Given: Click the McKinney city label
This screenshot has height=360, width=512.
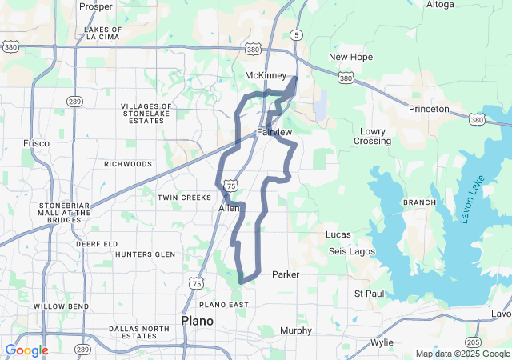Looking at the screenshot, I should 265,75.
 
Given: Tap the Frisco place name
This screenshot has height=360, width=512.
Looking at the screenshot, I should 36,143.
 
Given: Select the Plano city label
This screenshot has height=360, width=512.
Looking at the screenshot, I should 198,321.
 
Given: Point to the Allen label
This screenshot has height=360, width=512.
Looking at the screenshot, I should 229,208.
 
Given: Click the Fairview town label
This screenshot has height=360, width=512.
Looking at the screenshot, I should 274,131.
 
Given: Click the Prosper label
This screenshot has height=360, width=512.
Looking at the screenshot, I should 96,6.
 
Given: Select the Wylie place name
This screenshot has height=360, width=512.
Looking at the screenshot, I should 382,342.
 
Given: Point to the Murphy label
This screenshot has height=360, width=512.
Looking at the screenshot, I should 296,330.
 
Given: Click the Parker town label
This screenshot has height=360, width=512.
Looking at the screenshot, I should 286,274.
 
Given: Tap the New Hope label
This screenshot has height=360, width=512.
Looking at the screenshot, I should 350,58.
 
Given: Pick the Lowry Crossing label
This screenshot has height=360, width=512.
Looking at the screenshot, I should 373,136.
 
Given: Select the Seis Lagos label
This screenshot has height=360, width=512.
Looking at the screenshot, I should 351,252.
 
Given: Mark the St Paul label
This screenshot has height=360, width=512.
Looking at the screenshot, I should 370,294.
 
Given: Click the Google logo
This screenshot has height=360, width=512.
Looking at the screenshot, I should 26,350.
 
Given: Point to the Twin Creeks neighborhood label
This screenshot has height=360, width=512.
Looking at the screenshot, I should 184,197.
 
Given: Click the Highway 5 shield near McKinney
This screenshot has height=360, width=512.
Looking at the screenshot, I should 297,35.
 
